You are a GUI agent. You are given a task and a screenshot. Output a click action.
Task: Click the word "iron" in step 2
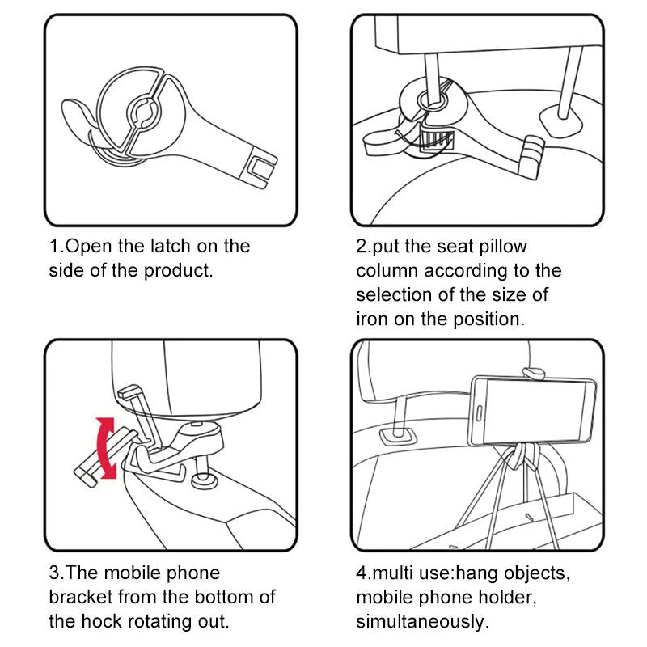(x=372, y=319)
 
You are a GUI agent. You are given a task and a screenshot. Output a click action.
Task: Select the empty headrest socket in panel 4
(x=394, y=436)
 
